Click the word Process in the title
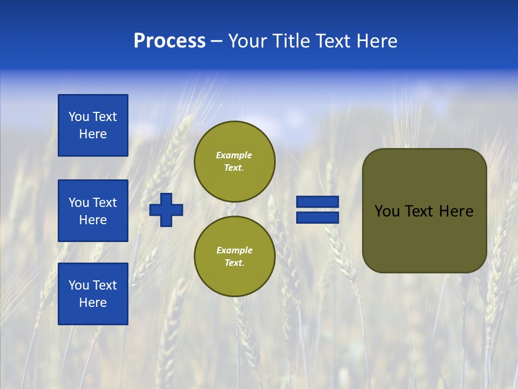(169, 41)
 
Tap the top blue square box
(93, 125)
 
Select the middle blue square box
(93, 211)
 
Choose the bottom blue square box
(93, 294)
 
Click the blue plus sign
(166, 210)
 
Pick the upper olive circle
(234, 162)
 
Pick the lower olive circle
(234, 257)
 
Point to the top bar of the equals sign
(318, 202)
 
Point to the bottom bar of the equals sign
(318, 217)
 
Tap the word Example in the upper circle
(234, 155)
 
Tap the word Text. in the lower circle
(234, 263)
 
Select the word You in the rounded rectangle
(386, 211)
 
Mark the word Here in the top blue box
(93, 134)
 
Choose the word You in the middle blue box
(79, 203)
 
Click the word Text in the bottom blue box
(104, 285)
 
